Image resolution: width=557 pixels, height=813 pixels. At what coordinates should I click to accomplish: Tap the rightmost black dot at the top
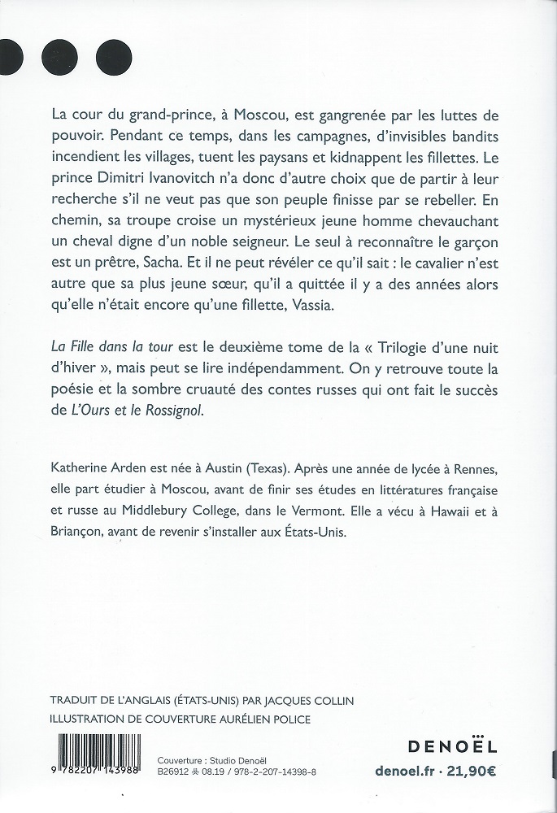114,57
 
